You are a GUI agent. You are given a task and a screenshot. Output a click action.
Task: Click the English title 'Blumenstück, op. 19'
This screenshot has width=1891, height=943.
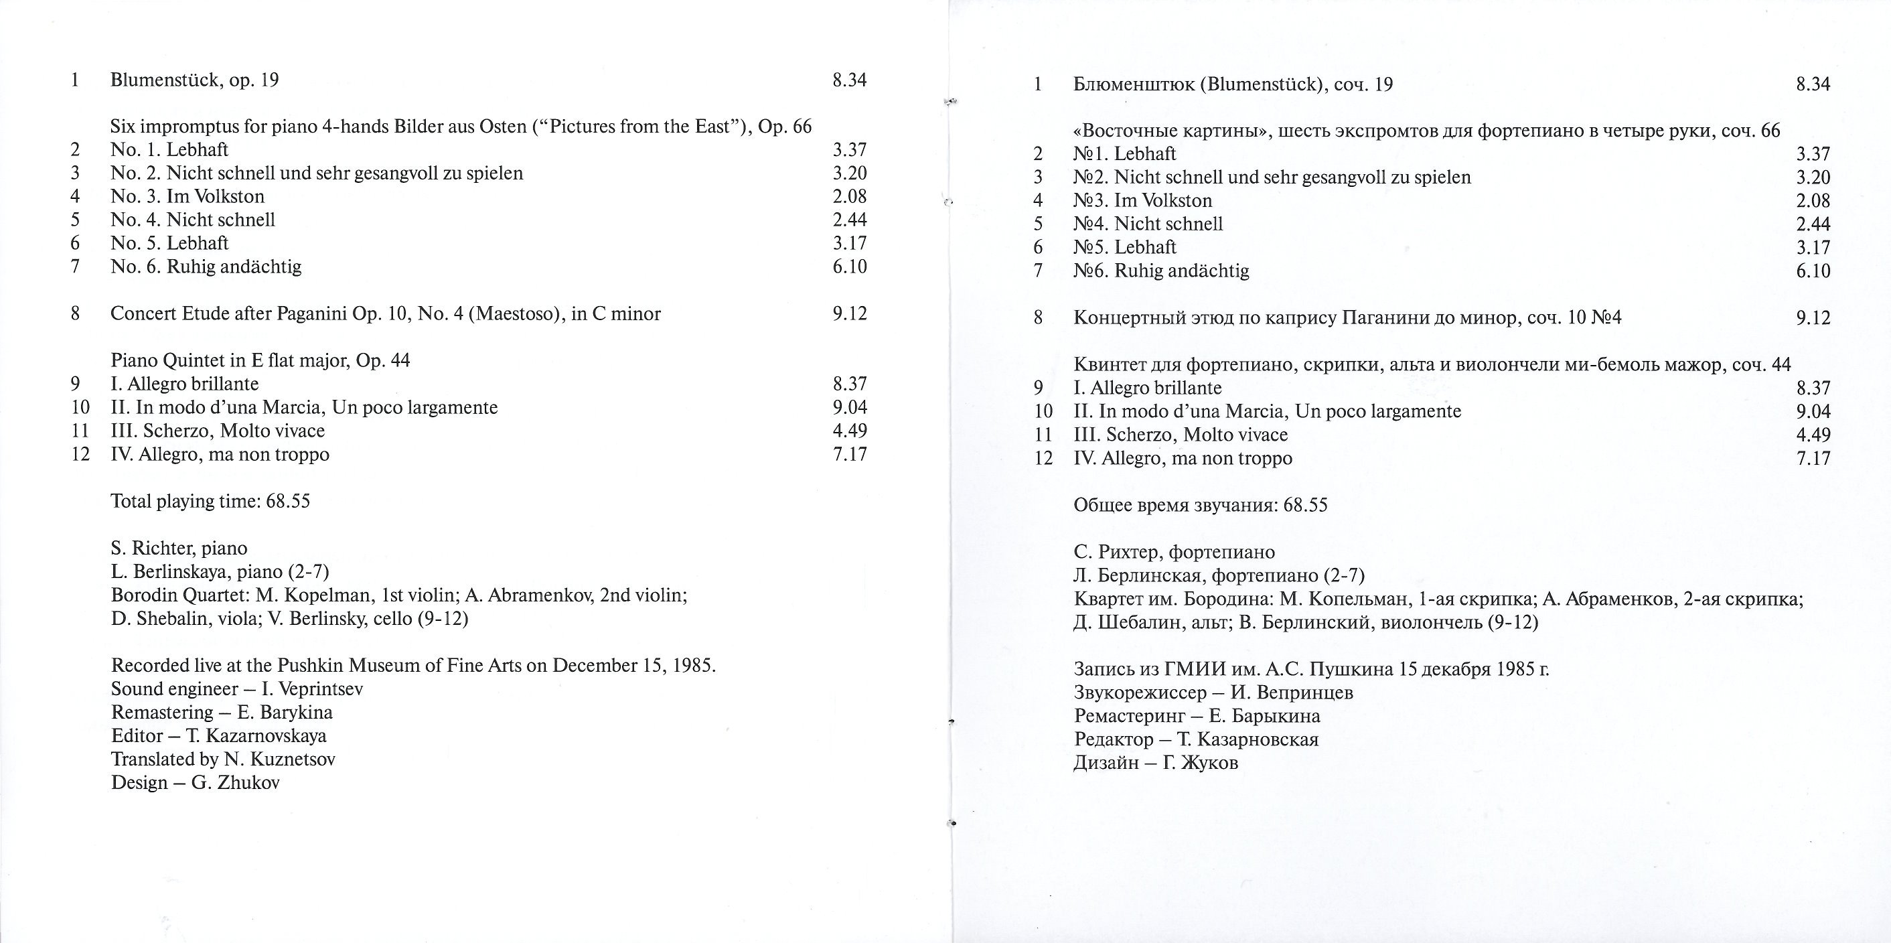point(195,80)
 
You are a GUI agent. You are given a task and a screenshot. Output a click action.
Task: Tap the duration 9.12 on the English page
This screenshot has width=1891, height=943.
point(849,313)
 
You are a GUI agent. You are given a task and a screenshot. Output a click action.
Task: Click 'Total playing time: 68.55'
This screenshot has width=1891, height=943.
point(210,502)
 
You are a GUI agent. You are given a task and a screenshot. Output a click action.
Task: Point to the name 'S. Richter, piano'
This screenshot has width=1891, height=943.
point(179,549)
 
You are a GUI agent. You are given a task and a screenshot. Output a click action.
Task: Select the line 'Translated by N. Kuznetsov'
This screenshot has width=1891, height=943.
point(223,759)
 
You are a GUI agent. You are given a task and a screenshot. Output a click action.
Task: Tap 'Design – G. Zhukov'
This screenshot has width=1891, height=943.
point(196,783)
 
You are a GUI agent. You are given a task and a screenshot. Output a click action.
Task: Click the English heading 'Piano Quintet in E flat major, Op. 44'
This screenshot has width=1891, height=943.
point(260,360)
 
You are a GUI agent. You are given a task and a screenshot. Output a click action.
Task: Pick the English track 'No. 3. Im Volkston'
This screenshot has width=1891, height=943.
point(187,197)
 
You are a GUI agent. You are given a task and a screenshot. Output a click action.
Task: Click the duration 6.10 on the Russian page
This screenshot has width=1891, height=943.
point(1813,271)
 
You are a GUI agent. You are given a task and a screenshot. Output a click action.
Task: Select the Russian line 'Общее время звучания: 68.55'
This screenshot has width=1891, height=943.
point(1200,505)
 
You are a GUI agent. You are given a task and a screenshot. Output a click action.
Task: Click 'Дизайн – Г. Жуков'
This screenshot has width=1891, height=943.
point(1156,763)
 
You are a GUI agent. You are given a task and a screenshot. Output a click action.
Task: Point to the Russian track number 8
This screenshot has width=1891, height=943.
point(1038,318)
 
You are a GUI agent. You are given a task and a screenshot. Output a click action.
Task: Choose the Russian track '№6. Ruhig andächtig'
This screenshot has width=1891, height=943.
point(1160,271)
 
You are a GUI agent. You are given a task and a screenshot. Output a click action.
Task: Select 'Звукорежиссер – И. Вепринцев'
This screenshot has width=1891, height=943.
point(1213,693)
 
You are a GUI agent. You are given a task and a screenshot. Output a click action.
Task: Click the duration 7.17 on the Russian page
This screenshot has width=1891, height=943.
point(1813,458)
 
